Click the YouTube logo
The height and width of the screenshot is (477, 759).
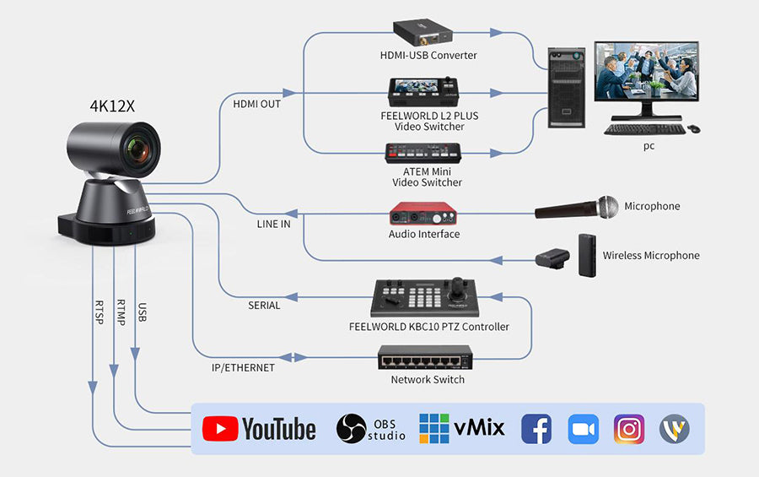point(259,429)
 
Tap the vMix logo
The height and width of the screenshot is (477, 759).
point(461,429)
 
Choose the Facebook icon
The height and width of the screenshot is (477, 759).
point(536,429)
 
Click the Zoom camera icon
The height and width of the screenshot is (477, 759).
point(583,429)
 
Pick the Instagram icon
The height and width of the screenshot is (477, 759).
point(629,429)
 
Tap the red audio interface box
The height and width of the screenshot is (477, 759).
point(424,212)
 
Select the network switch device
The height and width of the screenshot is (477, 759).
point(425,359)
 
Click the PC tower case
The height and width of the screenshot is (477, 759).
point(567,87)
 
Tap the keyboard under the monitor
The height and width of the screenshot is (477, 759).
point(644,129)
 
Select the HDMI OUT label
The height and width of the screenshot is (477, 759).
point(256,104)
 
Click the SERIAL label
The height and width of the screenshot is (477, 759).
point(264,305)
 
